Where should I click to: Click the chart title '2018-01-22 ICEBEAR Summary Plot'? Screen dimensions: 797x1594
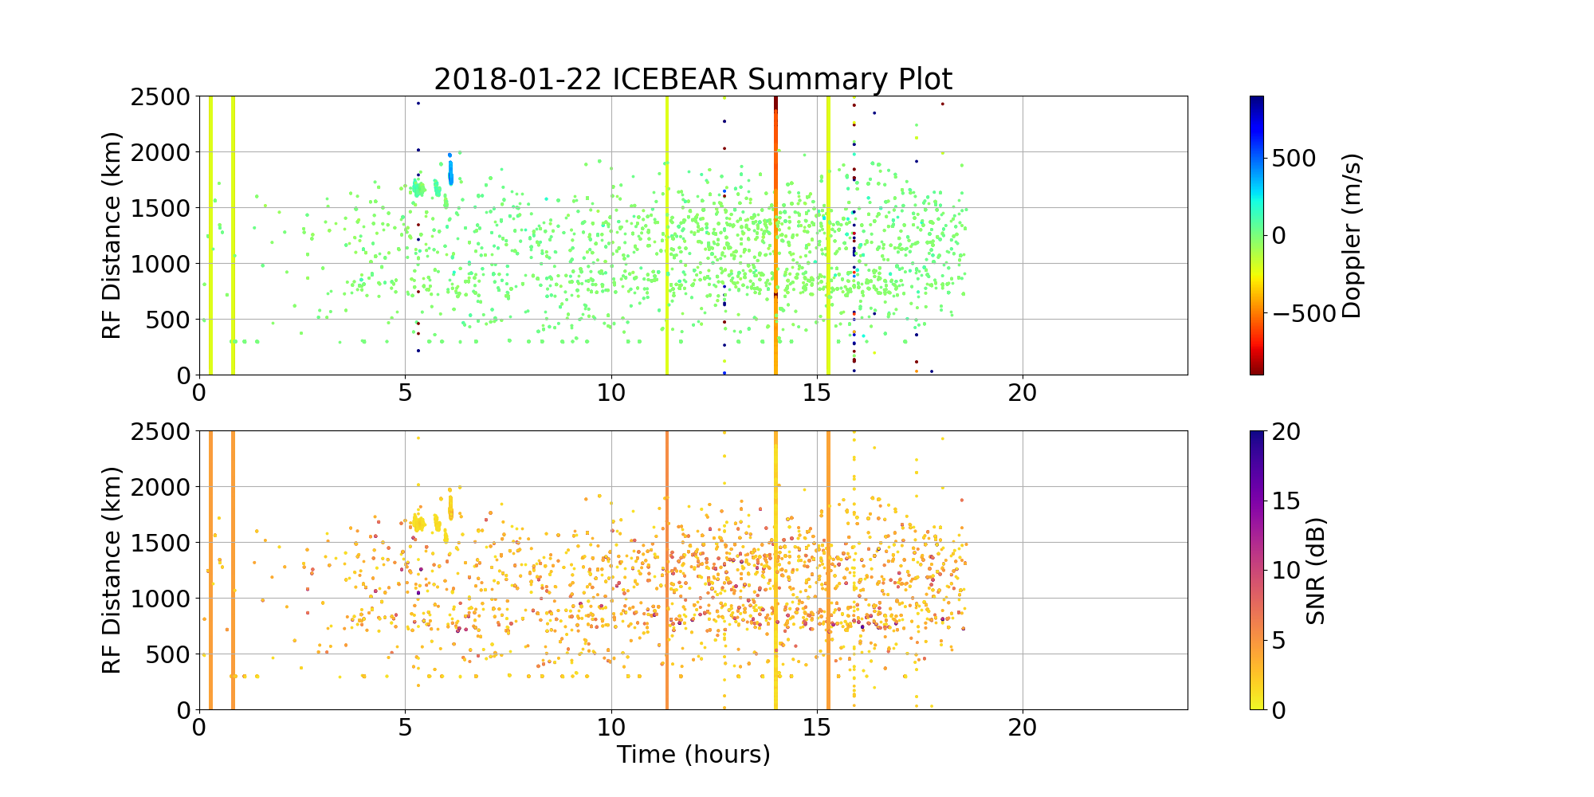(x=693, y=80)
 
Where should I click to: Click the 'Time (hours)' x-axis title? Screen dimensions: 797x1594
(x=693, y=754)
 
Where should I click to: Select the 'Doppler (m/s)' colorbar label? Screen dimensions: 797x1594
(x=1352, y=236)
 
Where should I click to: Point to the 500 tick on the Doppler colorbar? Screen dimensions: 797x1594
(x=1294, y=158)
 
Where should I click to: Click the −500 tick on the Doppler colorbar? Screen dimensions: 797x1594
(x=1303, y=313)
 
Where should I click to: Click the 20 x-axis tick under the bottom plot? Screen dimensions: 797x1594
(x=1023, y=727)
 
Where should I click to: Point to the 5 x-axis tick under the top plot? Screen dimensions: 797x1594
(x=405, y=392)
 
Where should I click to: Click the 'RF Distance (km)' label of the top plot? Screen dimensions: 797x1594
(x=112, y=236)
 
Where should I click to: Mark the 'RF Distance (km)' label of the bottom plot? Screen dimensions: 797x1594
(x=112, y=571)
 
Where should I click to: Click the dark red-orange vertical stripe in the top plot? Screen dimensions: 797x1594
(x=775, y=239)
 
